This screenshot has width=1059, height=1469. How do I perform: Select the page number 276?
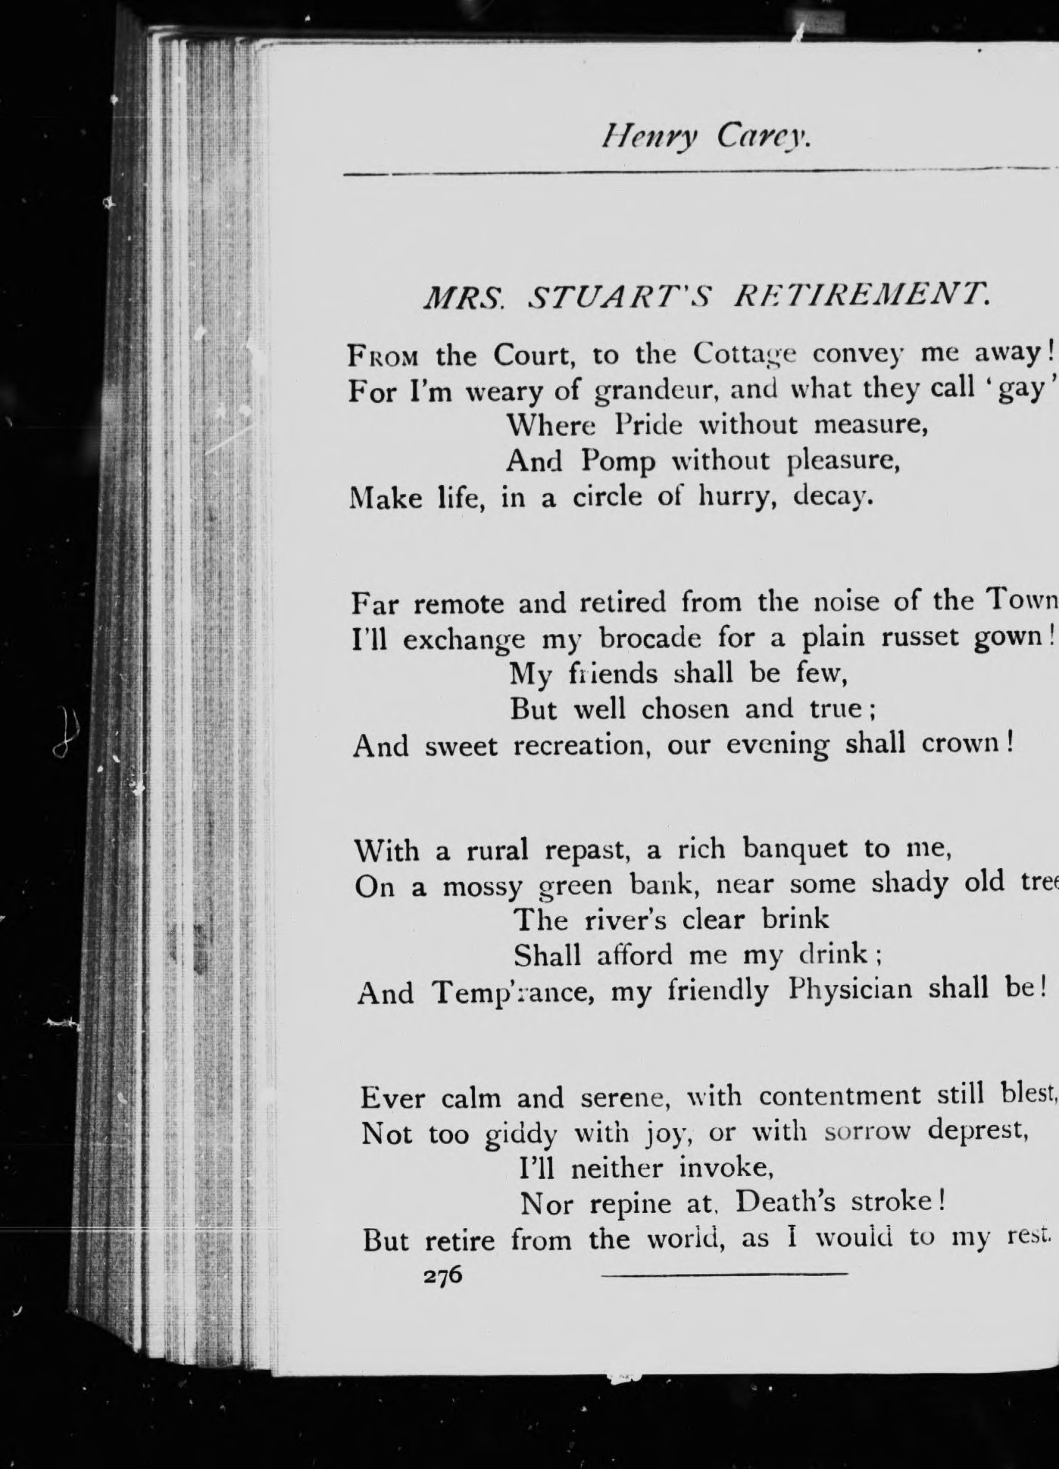pyautogui.click(x=443, y=1275)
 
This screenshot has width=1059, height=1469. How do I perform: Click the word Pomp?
pyautogui.click(x=618, y=461)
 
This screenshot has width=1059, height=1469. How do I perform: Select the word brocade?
pyautogui.click(x=651, y=639)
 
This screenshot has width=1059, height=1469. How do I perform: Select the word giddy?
pyautogui.click(x=521, y=1135)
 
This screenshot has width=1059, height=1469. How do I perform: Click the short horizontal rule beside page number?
pyautogui.click(x=724, y=1275)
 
